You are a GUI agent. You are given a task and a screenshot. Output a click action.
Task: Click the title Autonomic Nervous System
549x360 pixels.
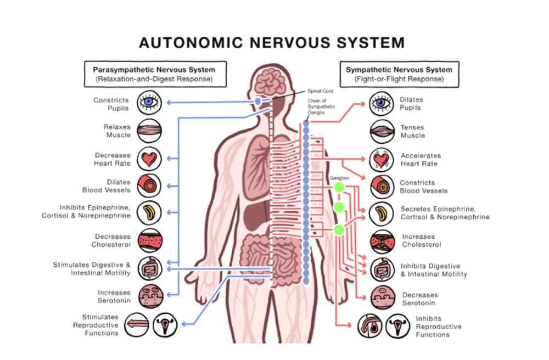click(272, 43)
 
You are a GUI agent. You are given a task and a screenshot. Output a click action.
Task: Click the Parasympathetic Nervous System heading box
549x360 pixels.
click(154, 74)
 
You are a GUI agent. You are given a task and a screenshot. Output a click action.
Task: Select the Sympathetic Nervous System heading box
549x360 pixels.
click(399, 74)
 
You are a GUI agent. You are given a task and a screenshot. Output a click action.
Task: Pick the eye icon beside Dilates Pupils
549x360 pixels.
click(380, 103)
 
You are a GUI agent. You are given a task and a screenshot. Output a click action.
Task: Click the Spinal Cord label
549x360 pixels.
click(320, 91)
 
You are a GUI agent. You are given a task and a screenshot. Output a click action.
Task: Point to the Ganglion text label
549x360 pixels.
click(340, 178)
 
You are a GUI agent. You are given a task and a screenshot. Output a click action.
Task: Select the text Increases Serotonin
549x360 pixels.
click(114, 297)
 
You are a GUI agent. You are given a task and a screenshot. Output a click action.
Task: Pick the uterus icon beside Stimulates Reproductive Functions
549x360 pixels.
click(163, 326)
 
